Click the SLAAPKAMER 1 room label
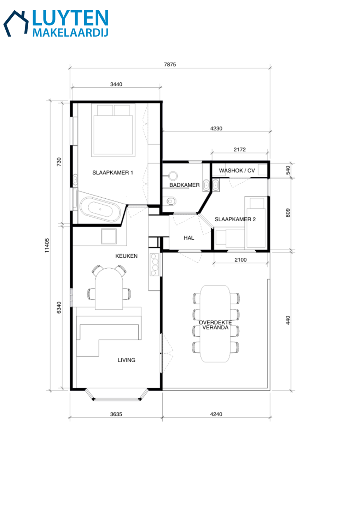(x=112, y=173)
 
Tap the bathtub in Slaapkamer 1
(x=100, y=209)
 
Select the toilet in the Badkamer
(x=171, y=201)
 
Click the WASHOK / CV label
(x=237, y=170)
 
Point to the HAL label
(x=189, y=238)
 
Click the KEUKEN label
(x=126, y=256)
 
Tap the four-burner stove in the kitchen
(x=155, y=265)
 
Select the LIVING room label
(x=126, y=360)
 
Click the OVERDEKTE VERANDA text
(x=215, y=325)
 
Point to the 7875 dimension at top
(x=170, y=65)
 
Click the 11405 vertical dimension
(x=47, y=245)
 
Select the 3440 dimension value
(x=116, y=84)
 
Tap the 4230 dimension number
(x=216, y=129)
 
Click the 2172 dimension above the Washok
(x=240, y=150)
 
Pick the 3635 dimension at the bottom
(x=116, y=414)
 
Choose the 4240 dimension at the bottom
(x=216, y=414)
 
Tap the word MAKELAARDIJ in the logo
(x=70, y=33)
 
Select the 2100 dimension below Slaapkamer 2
(x=240, y=260)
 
